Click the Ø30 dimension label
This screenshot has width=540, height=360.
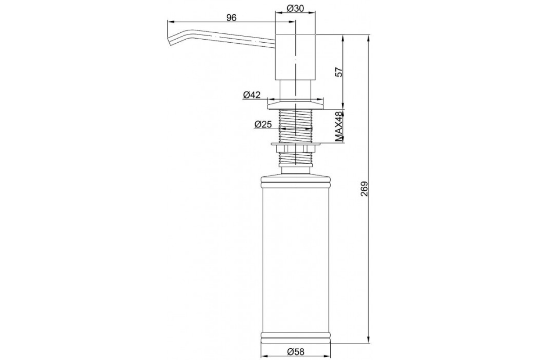[x=295, y=9]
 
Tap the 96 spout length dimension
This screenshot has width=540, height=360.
[x=231, y=18]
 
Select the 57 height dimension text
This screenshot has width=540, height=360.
[x=339, y=72]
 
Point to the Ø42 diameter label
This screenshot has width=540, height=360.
[x=252, y=95]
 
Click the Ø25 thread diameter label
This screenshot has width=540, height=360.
[x=263, y=124]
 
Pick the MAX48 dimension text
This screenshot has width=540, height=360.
[x=339, y=126]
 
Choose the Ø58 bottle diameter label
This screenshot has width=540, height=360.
[x=296, y=352]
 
